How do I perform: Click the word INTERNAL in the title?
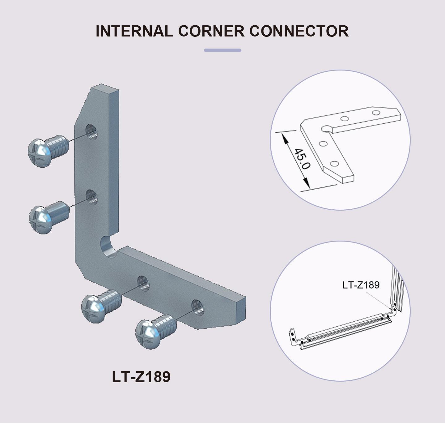[x=134, y=31]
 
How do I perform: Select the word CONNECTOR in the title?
[x=299, y=31]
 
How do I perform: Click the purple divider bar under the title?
[x=222, y=50]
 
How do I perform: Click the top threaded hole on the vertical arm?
[x=91, y=132]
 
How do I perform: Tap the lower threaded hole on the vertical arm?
[x=91, y=197]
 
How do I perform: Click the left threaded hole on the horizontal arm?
[x=143, y=283]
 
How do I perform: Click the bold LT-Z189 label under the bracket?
[x=141, y=377]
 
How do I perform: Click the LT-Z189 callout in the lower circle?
[x=361, y=285]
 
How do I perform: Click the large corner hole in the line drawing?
[x=326, y=128]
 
